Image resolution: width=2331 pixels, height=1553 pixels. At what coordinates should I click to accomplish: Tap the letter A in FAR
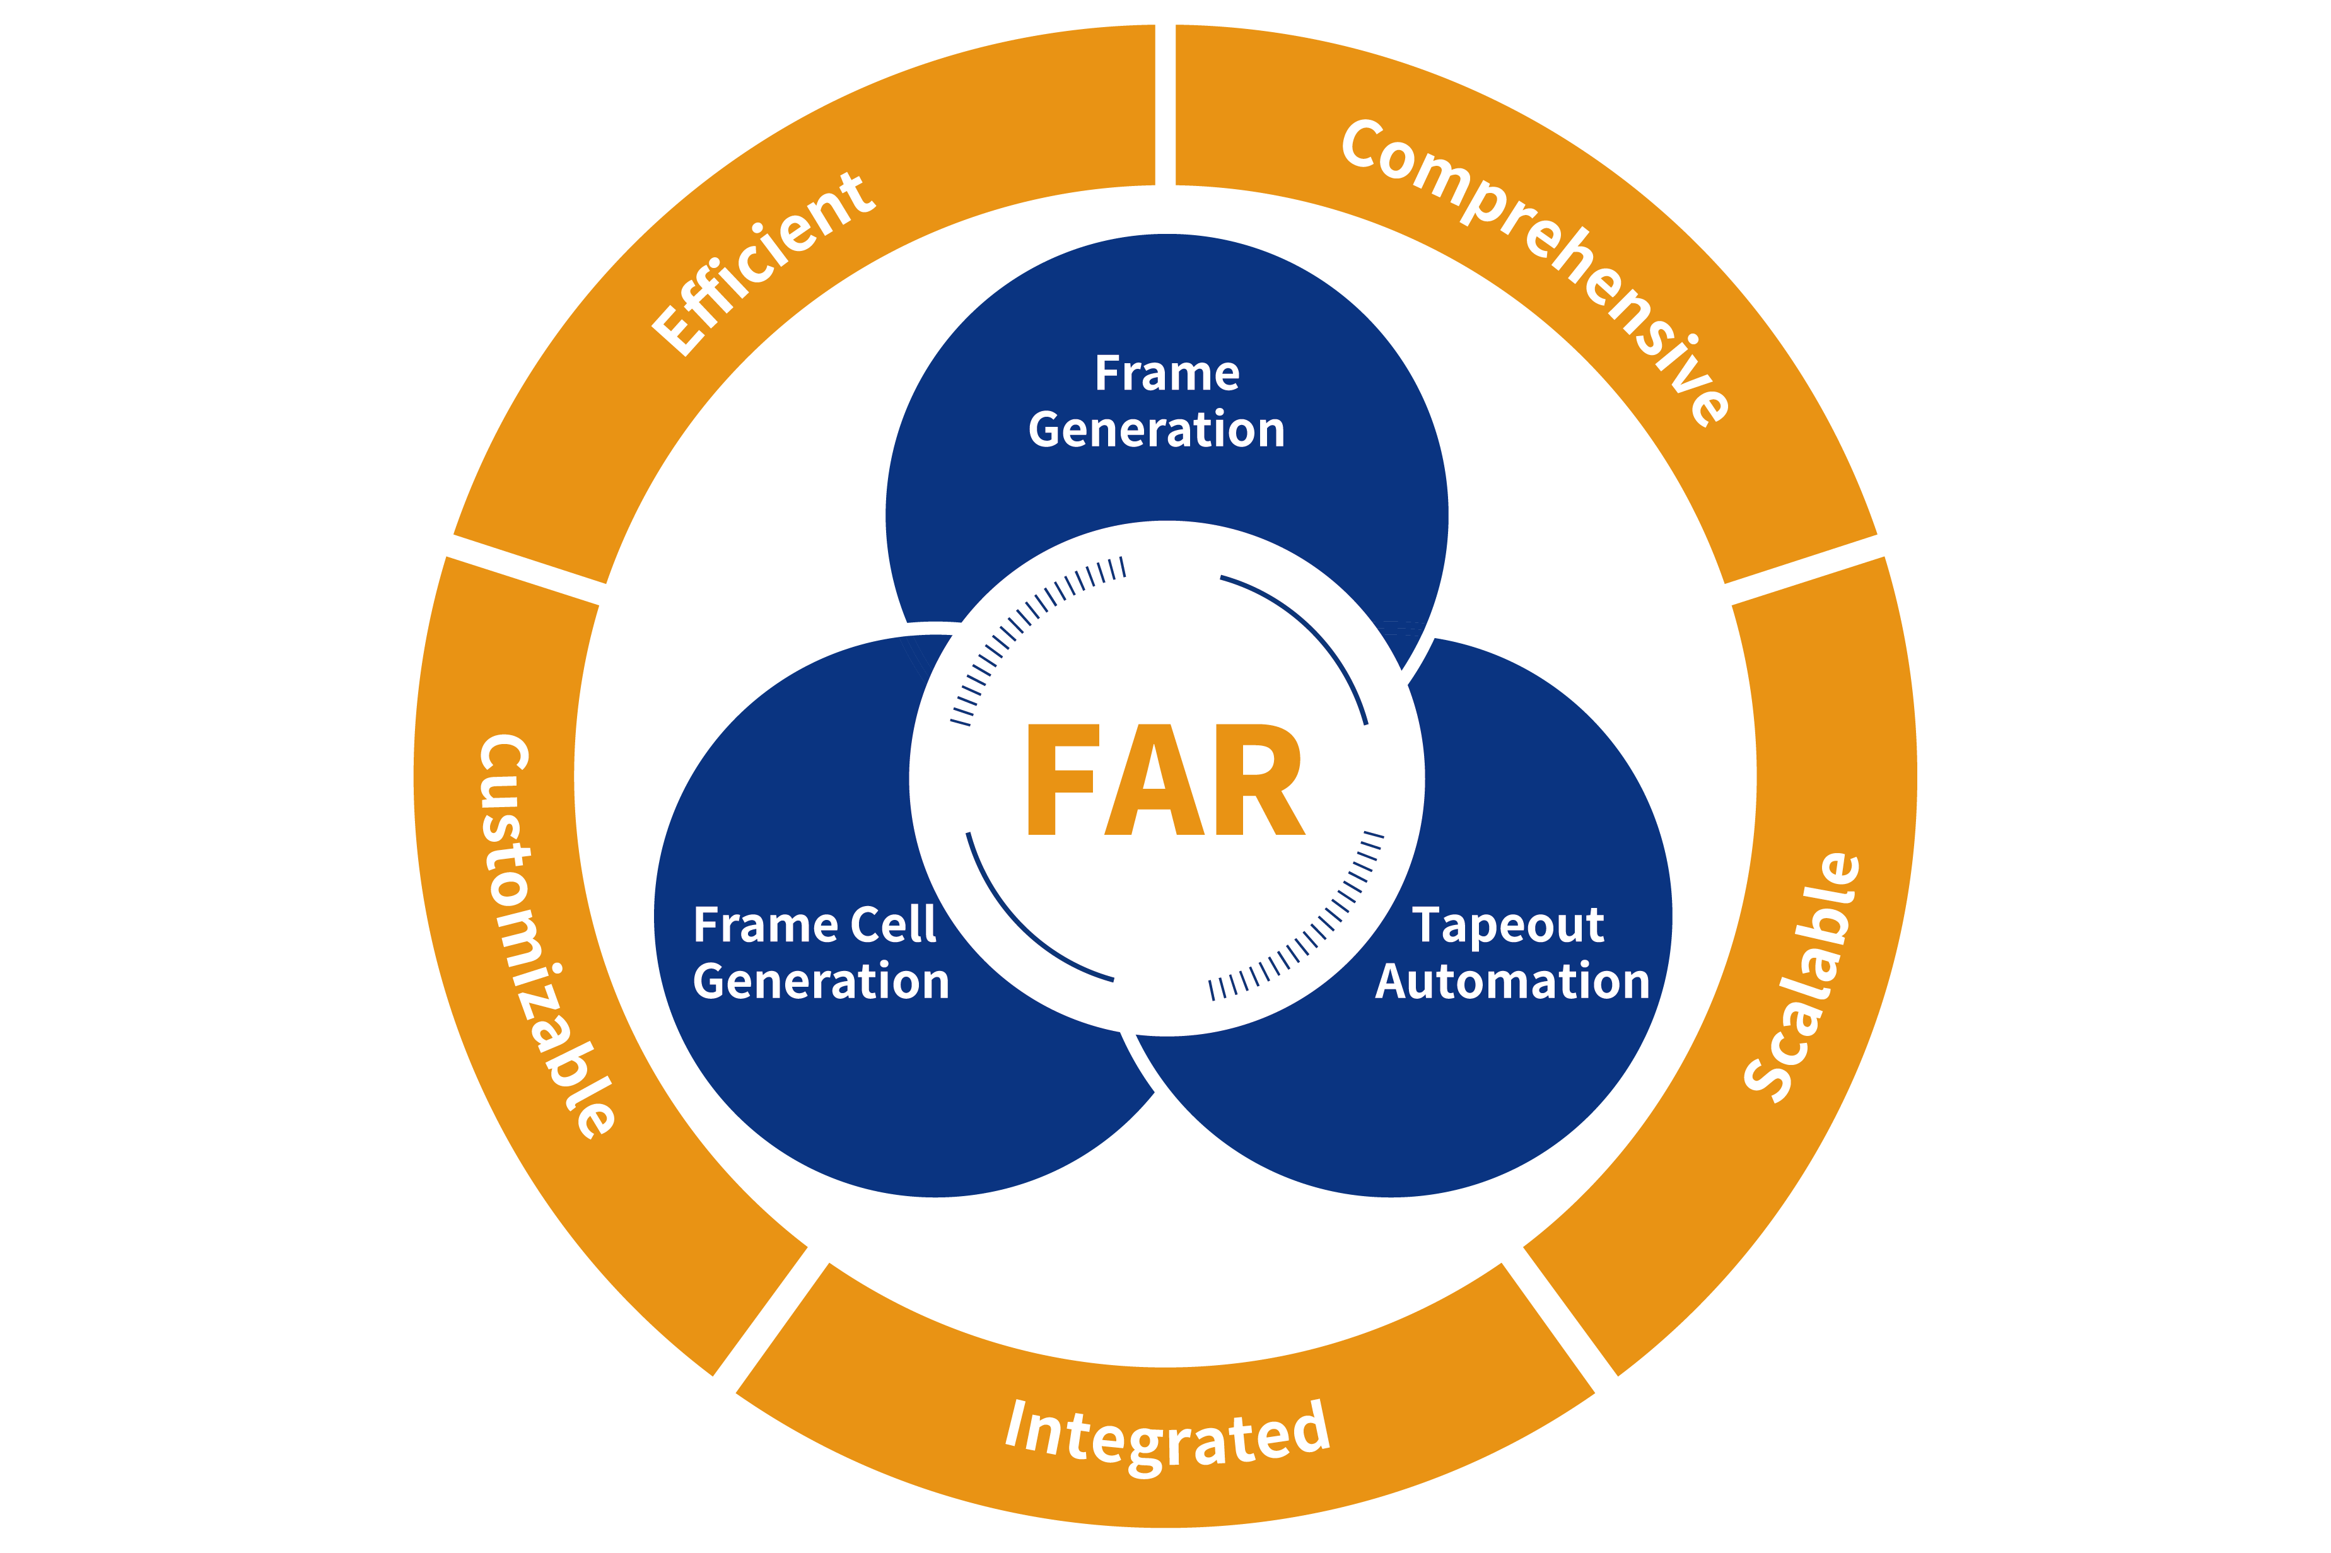[x=1154, y=779]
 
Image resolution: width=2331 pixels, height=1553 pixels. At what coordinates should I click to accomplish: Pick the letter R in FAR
[x=1257, y=779]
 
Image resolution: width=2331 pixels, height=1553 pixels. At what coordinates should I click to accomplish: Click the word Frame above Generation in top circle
[x=1167, y=373]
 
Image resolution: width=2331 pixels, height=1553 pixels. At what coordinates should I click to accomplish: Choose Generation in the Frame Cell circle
[x=821, y=982]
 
